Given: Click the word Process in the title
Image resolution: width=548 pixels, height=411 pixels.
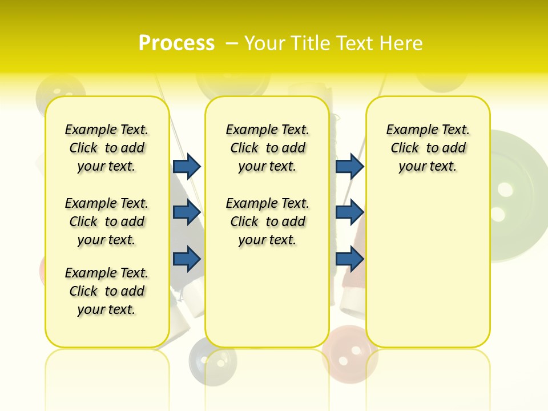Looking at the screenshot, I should click(176, 43).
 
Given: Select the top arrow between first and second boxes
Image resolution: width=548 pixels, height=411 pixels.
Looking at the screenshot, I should click(187, 166).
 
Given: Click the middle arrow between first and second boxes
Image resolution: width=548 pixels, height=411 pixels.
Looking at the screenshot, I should click(187, 212).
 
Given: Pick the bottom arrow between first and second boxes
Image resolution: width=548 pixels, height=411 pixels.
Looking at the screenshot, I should click(187, 259).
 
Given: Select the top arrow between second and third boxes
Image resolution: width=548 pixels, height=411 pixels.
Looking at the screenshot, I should click(349, 166).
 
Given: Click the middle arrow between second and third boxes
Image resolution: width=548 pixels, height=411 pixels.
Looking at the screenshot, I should click(349, 212).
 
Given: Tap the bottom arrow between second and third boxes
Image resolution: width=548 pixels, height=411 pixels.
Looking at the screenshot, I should click(349, 259).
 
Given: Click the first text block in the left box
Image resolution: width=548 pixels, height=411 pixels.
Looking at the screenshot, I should click(107, 148).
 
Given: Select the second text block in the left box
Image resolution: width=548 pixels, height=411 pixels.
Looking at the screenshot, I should click(107, 221).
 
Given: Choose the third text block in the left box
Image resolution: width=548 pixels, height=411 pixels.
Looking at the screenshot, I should click(107, 291).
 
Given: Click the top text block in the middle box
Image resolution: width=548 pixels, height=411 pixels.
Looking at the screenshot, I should click(267, 148).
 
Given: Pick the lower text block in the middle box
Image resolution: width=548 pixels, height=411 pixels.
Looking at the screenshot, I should click(267, 221).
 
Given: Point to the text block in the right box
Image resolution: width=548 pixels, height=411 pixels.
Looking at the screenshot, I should click(428, 148).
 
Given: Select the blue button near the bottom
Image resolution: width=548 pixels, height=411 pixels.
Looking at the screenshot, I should click(212, 360).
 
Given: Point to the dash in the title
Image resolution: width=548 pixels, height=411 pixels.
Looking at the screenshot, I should click(232, 43).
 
